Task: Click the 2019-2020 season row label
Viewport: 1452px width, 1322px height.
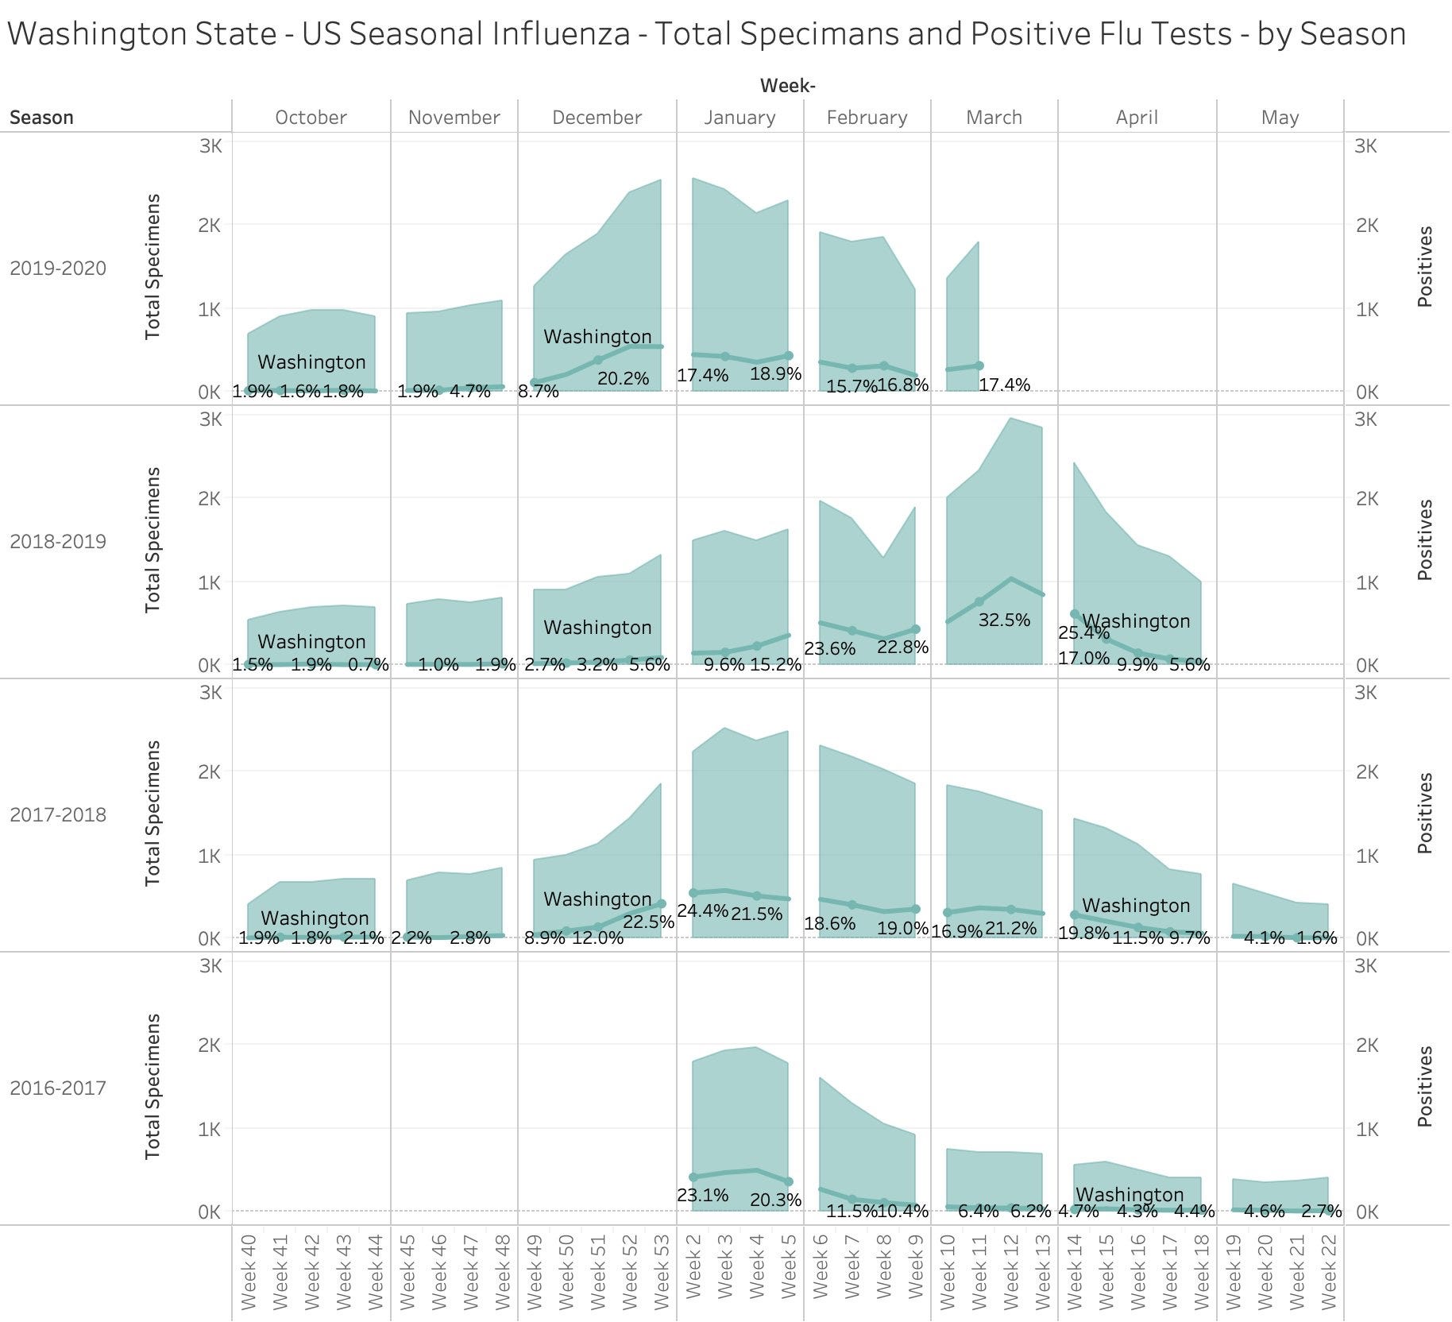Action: click(x=58, y=269)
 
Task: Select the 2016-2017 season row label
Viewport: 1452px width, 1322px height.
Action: click(x=58, y=1088)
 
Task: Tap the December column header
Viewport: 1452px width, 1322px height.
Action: click(x=597, y=118)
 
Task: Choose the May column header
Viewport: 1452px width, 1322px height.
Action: click(x=1280, y=118)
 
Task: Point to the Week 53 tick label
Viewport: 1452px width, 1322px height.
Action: click(x=661, y=1271)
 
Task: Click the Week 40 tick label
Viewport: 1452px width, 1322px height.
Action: click(x=248, y=1271)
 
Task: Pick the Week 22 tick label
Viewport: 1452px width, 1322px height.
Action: click(x=1328, y=1271)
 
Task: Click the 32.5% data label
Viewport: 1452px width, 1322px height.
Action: click(x=1004, y=620)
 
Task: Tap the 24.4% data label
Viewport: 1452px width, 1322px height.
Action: click(x=702, y=910)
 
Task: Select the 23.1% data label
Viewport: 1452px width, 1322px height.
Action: click(x=702, y=1194)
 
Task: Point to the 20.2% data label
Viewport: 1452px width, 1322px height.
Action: click(x=623, y=378)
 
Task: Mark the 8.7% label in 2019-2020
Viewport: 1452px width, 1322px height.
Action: click(x=539, y=391)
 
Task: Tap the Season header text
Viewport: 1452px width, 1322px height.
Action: click(x=41, y=118)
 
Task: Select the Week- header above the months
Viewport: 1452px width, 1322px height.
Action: click(x=787, y=86)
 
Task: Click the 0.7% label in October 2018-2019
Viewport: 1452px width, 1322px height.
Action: click(x=369, y=664)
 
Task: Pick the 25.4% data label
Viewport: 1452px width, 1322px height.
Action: click(x=1083, y=632)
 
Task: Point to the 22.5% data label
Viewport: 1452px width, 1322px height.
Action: click(x=648, y=922)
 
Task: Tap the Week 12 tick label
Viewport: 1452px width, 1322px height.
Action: click(x=1010, y=1271)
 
